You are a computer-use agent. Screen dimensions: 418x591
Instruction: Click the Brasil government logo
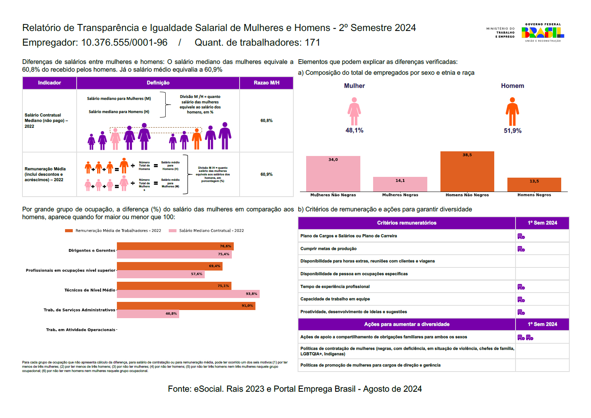pos(543,33)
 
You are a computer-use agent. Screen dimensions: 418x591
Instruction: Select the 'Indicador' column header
pos(50,83)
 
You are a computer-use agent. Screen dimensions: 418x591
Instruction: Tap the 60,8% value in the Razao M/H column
pos(266,121)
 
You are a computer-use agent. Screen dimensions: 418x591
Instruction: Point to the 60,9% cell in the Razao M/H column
pos(266,175)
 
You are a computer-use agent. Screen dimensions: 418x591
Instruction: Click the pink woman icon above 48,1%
pos(354,111)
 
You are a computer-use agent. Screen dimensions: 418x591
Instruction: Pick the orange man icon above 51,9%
pos(512,111)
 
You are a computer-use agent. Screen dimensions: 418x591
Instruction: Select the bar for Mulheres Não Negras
pos(333,174)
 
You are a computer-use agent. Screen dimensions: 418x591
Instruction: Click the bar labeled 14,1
pos(400,184)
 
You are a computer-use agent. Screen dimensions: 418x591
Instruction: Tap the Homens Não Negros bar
pos(467,171)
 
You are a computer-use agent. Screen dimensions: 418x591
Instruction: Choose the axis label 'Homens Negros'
pos(534,195)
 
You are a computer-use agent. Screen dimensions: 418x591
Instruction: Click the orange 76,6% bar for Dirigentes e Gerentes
pos(175,246)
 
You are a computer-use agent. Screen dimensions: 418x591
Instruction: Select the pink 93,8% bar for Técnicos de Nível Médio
pos(188,294)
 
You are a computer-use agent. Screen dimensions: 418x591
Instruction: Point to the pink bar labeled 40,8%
pos(148,313)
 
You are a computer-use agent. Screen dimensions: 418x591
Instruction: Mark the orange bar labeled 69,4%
pos(170,266)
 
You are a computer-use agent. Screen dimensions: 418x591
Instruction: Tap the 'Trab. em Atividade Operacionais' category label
pos(81,330)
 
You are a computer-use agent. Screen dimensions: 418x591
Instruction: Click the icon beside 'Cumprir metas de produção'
pos(521,249)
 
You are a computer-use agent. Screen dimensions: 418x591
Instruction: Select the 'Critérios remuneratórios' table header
pos(406,223)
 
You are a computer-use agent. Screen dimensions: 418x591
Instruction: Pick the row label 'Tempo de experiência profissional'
pos(335,287)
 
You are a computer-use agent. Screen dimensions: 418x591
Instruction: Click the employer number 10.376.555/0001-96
pos(124,43)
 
